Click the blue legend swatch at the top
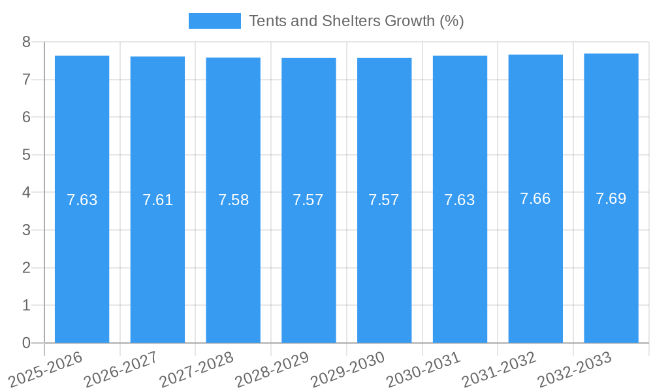pos(214,21)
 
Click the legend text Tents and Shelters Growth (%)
pos(356,21)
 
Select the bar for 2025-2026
pos(82,261)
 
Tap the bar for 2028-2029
pos(308,261)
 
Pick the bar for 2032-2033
pos(611,261)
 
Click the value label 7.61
pos(157,200)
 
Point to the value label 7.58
pos(233,200)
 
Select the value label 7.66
pos(535,199)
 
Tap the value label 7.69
pos(611,199)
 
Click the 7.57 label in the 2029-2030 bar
pos(383,200)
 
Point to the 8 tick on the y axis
pos(26,42)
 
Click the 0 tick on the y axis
pos(26,343)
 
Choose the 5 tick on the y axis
pos(26,155)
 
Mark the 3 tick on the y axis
pos(26,230)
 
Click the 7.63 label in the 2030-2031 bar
pos(459,200)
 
